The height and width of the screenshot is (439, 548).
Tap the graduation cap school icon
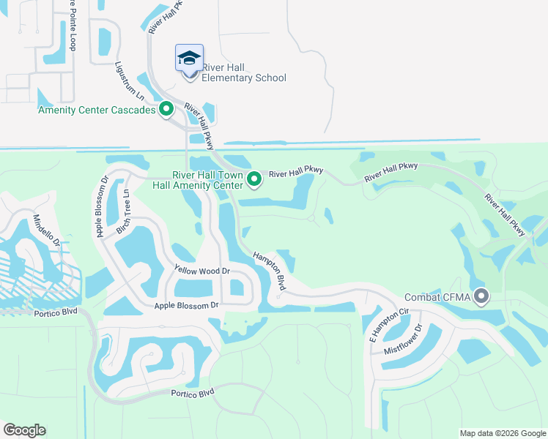pyautogui.click(x=189, y=58)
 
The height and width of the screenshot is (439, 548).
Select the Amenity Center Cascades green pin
pyautogui.click(x=166, y=110)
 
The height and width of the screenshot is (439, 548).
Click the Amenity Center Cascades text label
pyautogui.click(x=97, y=110)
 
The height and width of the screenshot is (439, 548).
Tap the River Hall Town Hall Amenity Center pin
pyautogui.click(x=254, y=179)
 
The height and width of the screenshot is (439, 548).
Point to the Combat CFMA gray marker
pyautogui.click(x=481, y=297)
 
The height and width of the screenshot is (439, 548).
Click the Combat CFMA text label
pyautogui.click(x=437, y=298)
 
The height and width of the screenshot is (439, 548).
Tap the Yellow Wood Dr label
pyautogui.click(x=202, y=271)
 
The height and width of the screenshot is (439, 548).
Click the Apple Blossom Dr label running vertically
pyautogui.click(x=103, y=206)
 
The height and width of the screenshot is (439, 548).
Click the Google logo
pyautogui.click(x=24, y=430)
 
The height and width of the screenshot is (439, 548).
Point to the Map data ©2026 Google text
pyautogui.click(x=502, y=433)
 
